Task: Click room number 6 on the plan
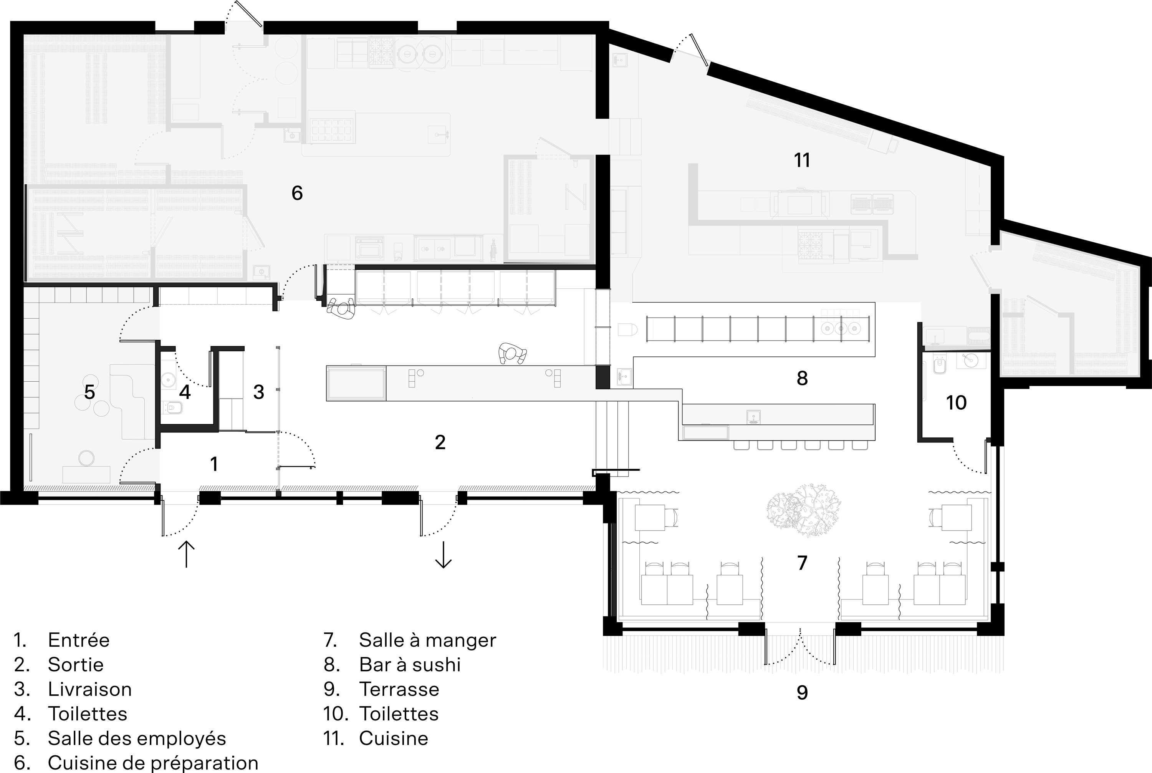(x=297, y=193)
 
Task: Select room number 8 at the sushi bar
(x=802, y=378)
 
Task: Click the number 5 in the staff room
(x=89, y=392)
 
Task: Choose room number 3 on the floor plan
(x=259, y=392)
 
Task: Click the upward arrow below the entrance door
(x=186, y=554)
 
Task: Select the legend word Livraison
(x=90, y=689)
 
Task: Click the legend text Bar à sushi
(x=410, y=665)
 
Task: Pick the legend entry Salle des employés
(x=137, y=738)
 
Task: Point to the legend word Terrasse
(x=399, y=689)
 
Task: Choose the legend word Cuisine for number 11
(x=393, y=738)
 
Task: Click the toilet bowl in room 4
(x=172, y=408)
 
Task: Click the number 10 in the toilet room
(x=956, y=403)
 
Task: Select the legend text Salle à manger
(x=427, y=640)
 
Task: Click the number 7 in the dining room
(x=802, y=563)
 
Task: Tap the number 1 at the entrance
(x=214, y=464)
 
